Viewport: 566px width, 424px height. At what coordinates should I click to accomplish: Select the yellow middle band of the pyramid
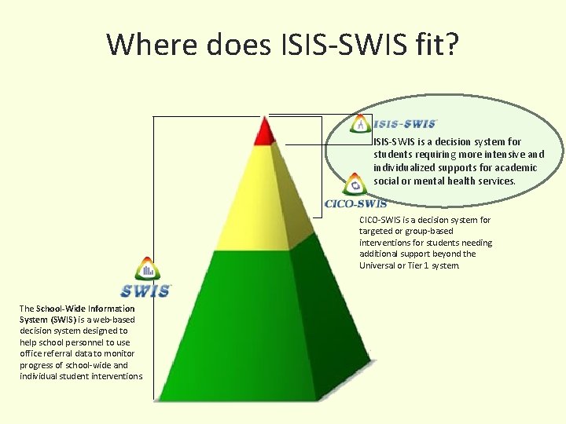click(263, 196)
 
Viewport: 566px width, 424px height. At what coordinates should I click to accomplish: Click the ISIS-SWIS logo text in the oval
click(405, 124)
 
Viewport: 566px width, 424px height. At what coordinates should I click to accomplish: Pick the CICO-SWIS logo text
click(355, 204)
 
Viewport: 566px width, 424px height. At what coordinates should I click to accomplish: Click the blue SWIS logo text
click(145, 291)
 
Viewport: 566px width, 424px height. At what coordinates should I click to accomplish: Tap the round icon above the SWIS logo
click(147, 269)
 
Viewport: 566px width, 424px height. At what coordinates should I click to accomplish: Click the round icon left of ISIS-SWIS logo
click(360, 123)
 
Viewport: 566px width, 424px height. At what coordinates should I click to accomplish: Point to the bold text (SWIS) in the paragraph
click(64, 320)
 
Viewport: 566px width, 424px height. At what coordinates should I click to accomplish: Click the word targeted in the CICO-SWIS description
click(377, 232)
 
